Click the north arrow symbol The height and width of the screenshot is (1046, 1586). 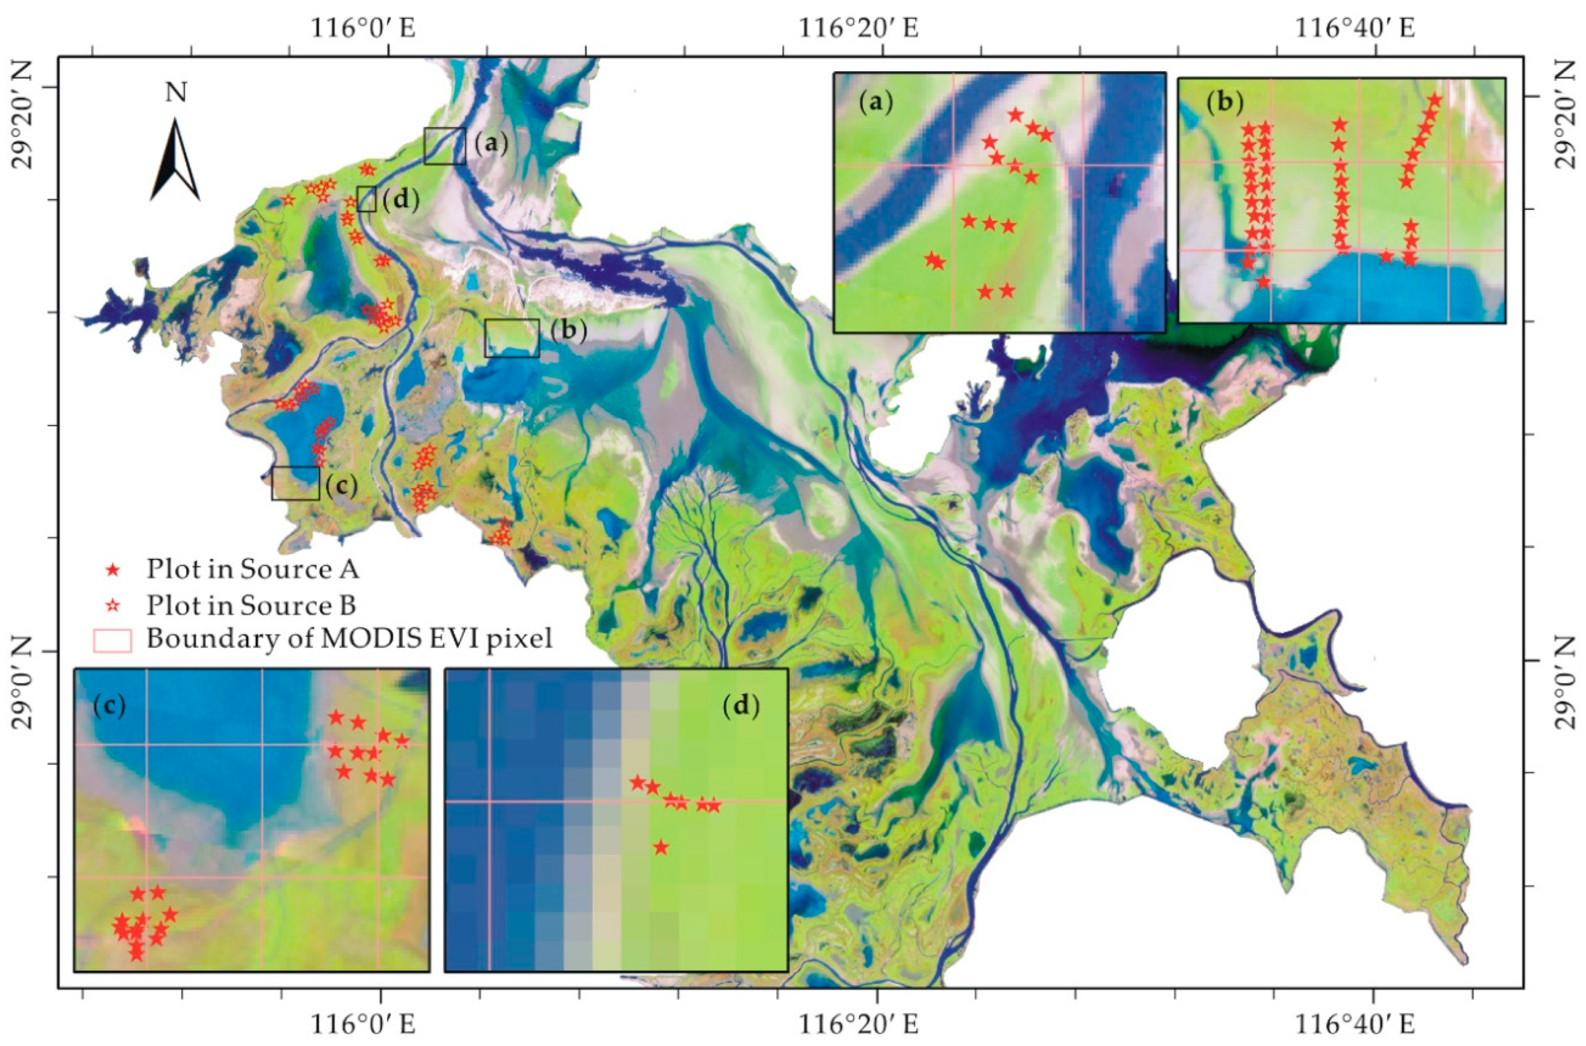[x=175, y=160]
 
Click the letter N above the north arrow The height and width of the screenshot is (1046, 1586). [x=176, y=93]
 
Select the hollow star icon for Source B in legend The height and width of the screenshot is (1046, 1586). [x=114, y=605]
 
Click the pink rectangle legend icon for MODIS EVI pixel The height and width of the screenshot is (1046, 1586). [x=112, y=640]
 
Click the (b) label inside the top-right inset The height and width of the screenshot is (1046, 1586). [x=1225, y=103]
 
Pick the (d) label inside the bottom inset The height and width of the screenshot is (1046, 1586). [x=741, y=706]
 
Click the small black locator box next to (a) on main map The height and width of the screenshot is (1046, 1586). [x=444, y=145]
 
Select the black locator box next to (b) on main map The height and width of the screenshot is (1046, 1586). [x=512, y=337]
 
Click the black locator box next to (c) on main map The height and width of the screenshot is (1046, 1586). [x=295, y=483]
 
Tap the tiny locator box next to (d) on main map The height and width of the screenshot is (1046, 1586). [x=366, y=199]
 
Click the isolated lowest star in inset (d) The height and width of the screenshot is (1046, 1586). [x=661, y=848]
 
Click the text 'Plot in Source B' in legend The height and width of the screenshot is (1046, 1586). [x=251, y=605]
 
